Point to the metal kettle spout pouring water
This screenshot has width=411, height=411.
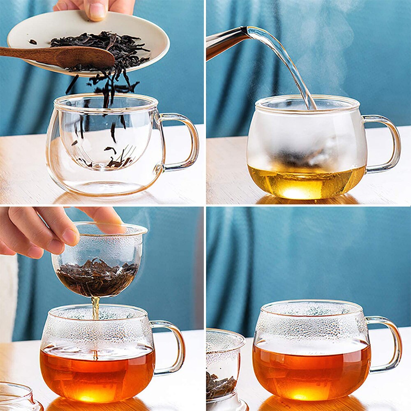pyautogui.click(x=226, y=41)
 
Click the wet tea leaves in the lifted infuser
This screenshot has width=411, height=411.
pyautogui.click(x=97, y=275)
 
